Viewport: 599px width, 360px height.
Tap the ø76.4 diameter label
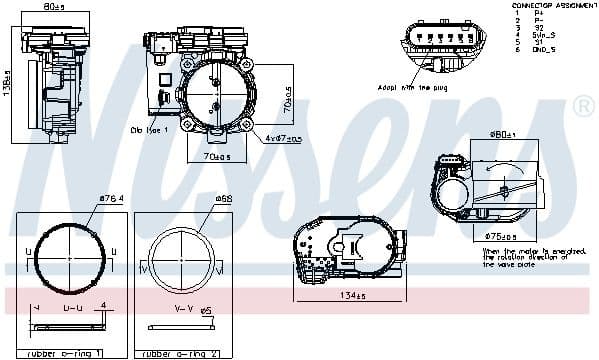[111, 198]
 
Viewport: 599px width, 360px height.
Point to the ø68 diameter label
[223, 198]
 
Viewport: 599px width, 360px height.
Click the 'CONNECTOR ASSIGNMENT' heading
[553, 5]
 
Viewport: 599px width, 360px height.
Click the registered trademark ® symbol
[582, 106]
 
